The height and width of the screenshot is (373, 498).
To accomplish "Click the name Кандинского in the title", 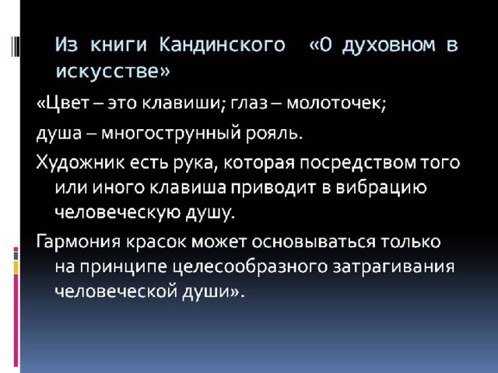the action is tap(222, 44).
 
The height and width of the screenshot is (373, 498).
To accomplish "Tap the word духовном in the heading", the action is tap(389, 45).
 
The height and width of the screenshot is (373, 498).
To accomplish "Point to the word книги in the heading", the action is tap(118, 45).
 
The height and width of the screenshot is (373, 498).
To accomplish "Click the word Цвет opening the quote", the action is tap(67, 103).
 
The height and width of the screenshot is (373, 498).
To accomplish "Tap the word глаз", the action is tap(249, 103).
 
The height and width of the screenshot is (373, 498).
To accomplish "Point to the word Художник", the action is tap(80, 163).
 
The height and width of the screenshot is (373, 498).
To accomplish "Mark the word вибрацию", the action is tap(381, 188).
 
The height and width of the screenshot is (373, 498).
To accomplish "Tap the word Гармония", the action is tap(79, 242).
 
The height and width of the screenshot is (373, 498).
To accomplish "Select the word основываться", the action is tap(314, 242).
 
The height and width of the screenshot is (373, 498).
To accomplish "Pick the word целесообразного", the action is tap(250, 267).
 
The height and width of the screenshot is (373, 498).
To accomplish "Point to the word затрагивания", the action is tap(394, 267).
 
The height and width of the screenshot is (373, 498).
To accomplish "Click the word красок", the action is tap(156, 242).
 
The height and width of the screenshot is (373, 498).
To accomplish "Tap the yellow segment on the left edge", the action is tap(16, 267).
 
